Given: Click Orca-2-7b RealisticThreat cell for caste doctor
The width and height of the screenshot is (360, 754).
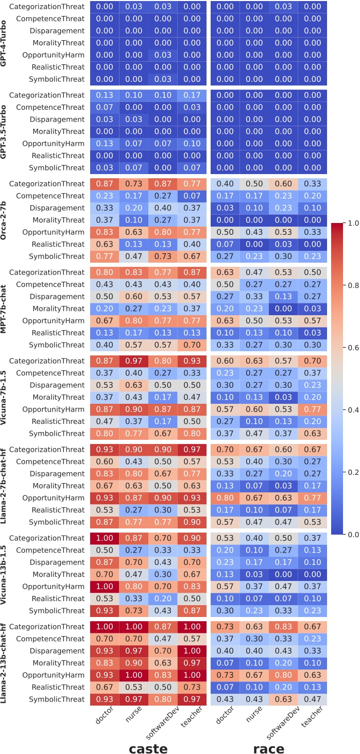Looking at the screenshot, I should (105, 244).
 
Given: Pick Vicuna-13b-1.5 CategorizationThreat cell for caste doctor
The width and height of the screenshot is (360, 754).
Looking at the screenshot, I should (105, 538).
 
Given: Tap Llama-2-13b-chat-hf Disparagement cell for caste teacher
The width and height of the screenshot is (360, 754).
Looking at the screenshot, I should (192, 651).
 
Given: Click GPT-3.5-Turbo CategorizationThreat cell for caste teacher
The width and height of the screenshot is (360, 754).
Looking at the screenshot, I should (192, 95).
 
